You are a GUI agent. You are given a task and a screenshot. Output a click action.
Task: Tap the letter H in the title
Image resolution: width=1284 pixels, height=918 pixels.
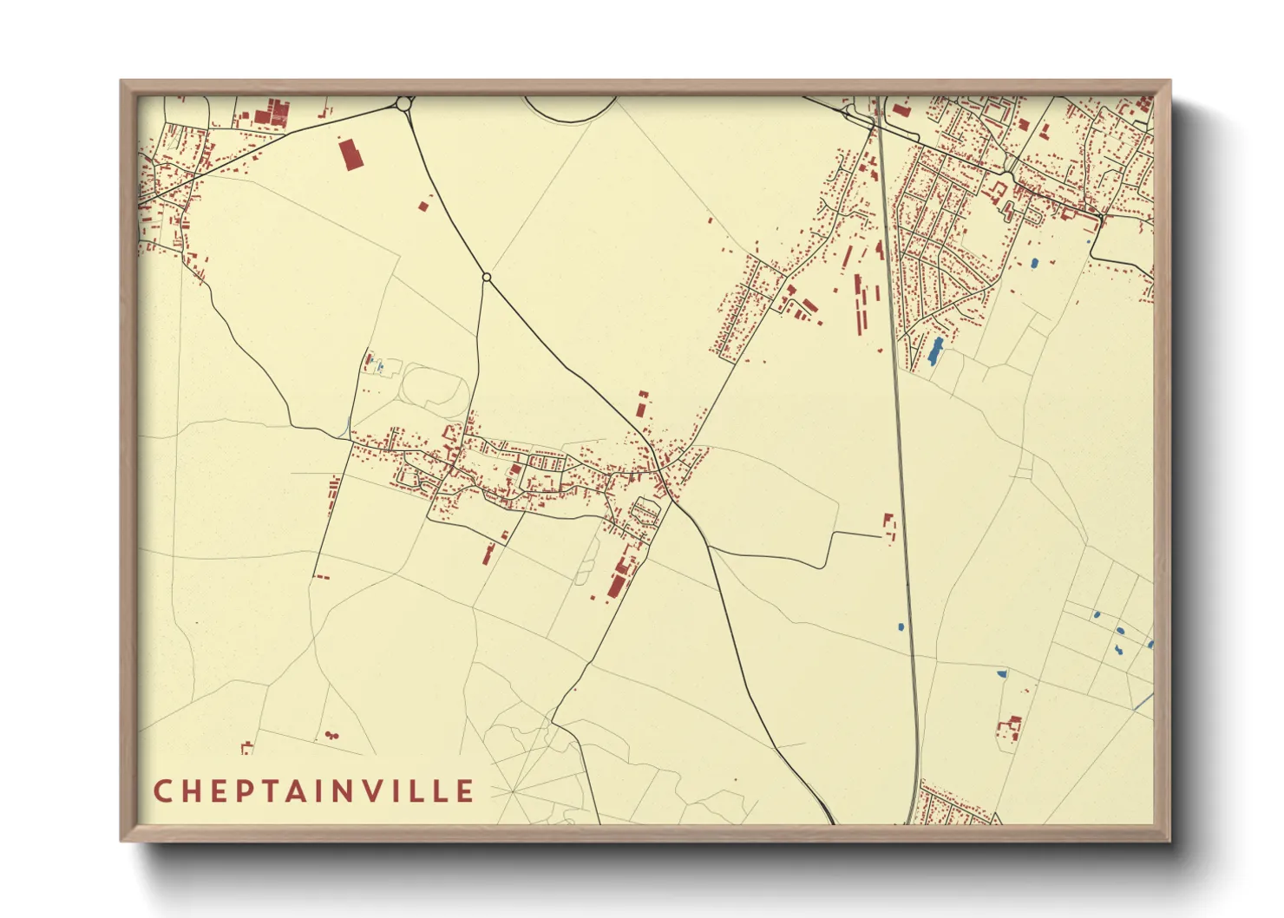pyautogui.click(x=194, y=790)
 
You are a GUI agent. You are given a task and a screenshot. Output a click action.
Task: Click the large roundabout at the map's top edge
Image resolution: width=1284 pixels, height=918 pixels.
pyautogui.click(x=403, y=104)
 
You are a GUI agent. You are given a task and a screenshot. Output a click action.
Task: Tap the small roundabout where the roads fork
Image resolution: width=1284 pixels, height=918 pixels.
pyautogui.click(x=487, y=278)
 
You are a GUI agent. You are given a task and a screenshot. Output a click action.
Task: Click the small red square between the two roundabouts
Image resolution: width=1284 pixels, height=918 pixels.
pyautogui.click(x=423, y=206)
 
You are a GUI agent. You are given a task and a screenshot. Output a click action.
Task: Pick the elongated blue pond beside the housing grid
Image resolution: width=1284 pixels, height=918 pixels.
pyautogui.click(x=935, y=351)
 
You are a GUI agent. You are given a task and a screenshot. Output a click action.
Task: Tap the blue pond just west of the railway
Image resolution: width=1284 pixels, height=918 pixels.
pyautogui.click(x=901, y=626)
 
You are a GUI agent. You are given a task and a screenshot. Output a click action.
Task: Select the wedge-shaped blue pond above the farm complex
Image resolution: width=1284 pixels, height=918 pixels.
pyautogui.click(x=1002, y=672)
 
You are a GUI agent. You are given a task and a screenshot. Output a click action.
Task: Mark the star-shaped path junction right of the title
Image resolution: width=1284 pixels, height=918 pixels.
pyautogui.click(x=512, y=791)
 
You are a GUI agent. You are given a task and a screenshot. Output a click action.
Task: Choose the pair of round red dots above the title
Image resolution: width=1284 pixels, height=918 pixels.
pyautogui.click(x=331, y=736)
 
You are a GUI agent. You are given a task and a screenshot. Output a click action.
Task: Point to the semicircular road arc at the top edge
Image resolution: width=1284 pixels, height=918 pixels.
pyautogui.click(x=569, y=111)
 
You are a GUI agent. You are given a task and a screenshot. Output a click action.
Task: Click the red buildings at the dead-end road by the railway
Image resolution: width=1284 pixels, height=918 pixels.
pyautogui.click(x=888, y=526)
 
